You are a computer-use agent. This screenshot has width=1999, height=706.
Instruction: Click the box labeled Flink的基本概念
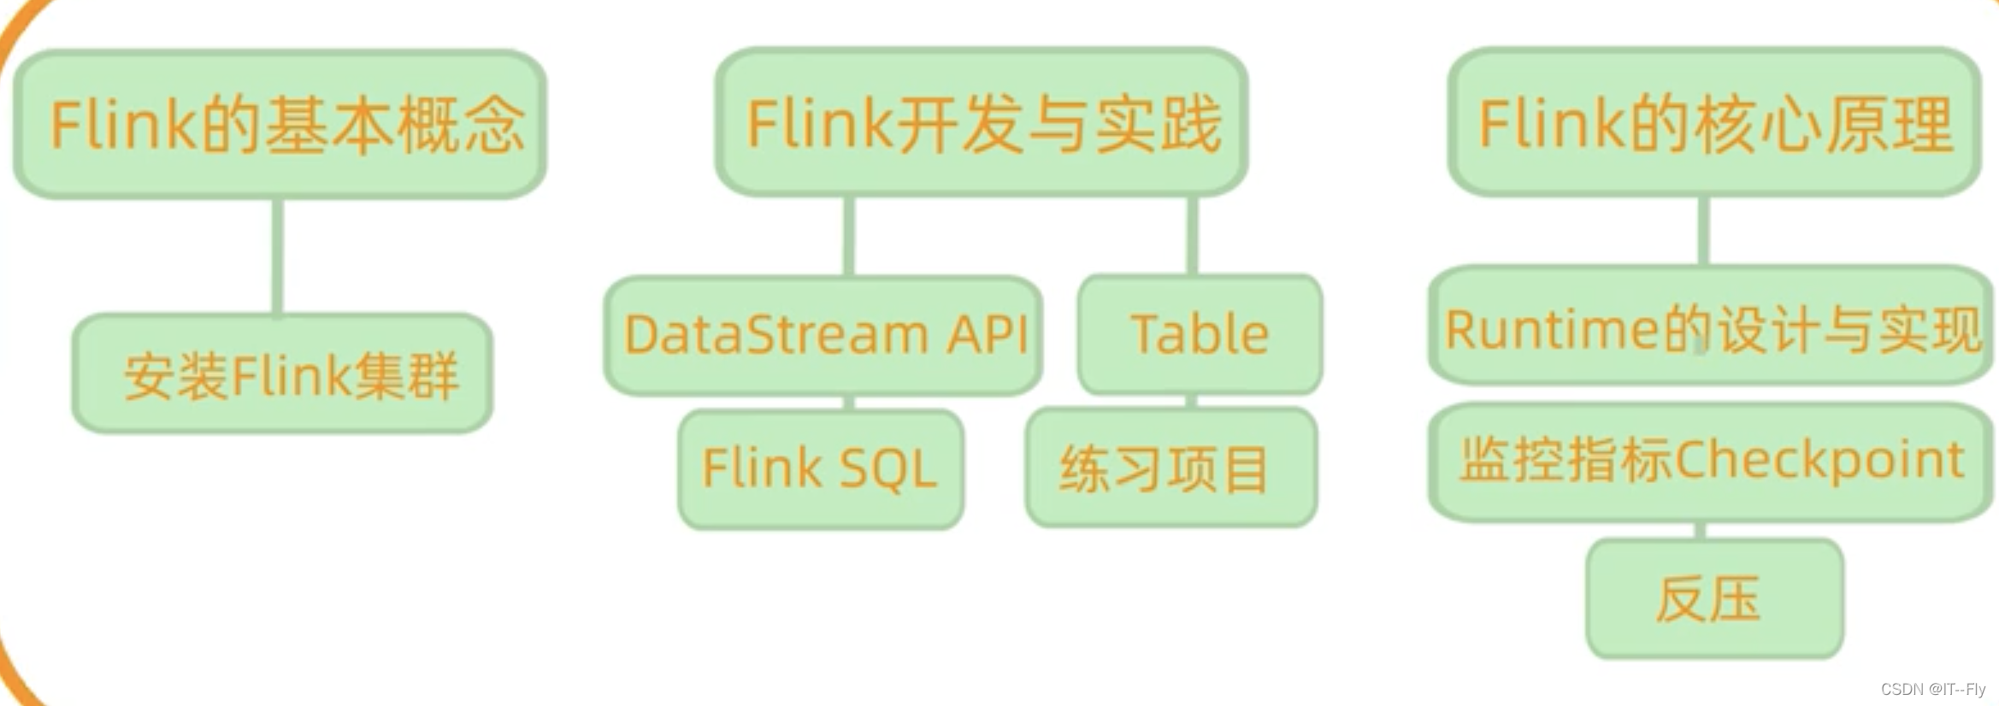280,125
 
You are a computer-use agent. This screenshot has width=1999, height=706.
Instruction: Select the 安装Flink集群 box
282,374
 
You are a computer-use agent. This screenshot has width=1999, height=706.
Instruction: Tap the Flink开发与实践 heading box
982,123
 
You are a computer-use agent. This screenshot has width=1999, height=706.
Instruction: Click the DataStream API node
823,334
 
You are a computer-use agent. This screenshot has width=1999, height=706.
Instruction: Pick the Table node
1200,334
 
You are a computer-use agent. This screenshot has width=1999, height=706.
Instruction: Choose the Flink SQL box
821,468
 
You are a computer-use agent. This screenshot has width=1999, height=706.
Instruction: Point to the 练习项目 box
1171,468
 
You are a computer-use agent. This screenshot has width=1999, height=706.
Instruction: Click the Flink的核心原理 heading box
1714,123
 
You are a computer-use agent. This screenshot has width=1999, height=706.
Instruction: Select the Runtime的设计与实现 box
1710,327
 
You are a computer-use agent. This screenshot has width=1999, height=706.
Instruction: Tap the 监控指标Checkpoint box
1710,462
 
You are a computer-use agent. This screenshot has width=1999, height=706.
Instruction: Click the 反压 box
1713,598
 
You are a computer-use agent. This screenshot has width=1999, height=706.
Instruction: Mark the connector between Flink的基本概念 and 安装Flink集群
278,256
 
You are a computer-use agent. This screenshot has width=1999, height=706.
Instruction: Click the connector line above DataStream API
848,236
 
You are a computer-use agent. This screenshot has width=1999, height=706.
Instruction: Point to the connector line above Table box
1193,236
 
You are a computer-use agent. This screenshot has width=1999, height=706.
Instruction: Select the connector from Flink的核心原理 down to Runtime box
1703,231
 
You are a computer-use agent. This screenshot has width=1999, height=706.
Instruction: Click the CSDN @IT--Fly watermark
1932,689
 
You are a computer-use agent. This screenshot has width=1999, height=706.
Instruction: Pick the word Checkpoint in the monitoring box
1819,462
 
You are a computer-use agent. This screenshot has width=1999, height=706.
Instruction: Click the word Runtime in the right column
1553,329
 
